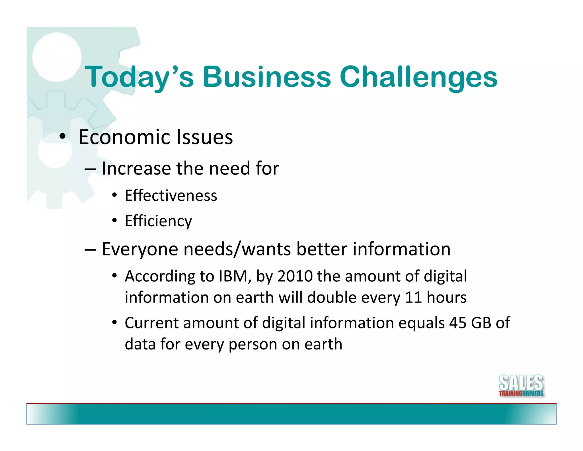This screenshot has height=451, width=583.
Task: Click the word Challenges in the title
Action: coord(418,77)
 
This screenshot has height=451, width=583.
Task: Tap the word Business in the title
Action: coord(267,77)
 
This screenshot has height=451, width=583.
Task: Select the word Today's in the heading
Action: coord(139,77)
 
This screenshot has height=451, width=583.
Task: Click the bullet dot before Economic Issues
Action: coord(63,136)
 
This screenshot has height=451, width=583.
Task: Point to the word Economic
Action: coord(125,137)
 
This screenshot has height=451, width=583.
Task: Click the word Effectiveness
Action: coord(171,196)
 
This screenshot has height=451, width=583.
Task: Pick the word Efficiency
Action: coord(158,221)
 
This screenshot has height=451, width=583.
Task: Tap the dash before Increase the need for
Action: coord(90,169)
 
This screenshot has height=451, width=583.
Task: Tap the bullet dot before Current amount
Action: coord(114,322)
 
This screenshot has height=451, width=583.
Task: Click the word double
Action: coord(332,297)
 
